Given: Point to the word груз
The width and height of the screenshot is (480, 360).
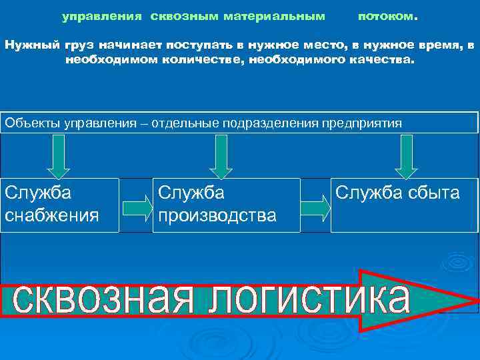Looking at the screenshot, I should click(x=77, y=45).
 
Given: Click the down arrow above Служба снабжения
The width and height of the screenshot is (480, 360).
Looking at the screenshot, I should click(x=59, y=155).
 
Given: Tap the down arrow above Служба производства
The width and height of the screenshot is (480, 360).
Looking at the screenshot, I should click(x=221, y=155).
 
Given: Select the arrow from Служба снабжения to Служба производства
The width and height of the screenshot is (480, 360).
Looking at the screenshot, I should click(x=137, y=207).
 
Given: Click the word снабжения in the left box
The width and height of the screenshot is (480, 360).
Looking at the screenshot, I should click(x=51, y=216).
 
